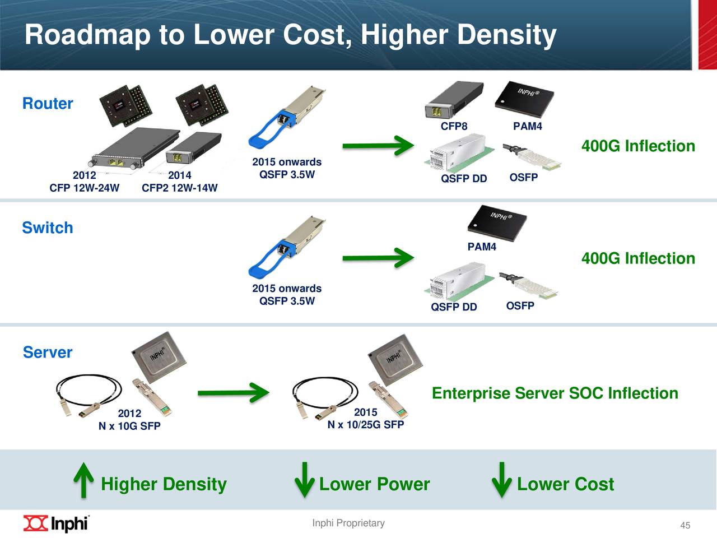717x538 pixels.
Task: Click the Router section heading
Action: point(48,104)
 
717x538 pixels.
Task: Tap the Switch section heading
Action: point(48,228)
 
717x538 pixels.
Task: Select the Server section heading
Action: point(48,353)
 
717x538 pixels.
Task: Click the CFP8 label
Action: point(454,127)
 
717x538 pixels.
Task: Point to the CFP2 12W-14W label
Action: point(179,188)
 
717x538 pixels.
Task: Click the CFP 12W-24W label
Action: point(84,188)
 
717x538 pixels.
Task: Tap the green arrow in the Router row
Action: point(378,146)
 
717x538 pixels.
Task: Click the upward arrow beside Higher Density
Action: point(83,480)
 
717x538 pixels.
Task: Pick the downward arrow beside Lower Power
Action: point(304,480)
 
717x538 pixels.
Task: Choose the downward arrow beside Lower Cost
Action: point(501,480)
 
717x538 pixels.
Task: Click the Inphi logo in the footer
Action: point(56,523)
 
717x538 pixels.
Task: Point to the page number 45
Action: point(685,525)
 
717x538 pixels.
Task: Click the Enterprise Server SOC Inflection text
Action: point(555,393)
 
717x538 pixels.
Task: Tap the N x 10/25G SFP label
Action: point(365,425)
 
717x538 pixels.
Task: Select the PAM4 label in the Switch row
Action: point(482,247)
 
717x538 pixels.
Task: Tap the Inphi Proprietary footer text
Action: point(348,523)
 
